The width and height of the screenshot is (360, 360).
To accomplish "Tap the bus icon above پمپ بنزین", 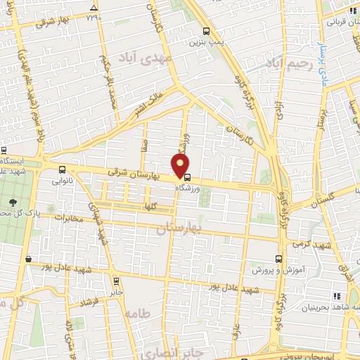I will [x=205, y=31].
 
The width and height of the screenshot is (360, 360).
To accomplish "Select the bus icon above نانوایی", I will [x=63, y=169].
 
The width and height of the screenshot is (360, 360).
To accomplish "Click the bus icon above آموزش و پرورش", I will [x=280, y=259].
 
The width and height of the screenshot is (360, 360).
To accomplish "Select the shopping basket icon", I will [x=27, y=259].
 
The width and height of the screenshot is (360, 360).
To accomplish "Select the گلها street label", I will [x=167, y=206].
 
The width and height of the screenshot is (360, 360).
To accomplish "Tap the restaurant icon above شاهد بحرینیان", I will [x=337, y=297].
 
